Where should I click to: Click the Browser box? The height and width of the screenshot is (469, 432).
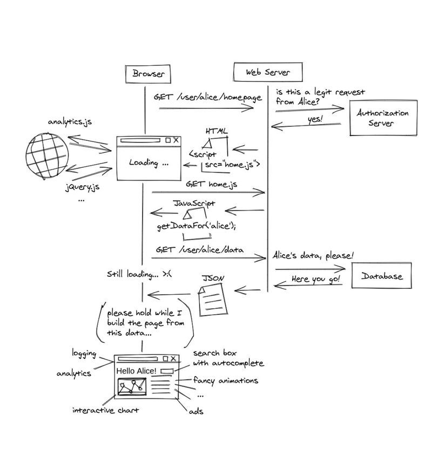[x=147, y=73]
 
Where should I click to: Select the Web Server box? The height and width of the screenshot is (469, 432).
[x=267, y=72]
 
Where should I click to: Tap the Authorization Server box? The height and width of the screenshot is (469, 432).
[x=383, y=118]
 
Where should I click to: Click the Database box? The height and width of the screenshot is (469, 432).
[x=382, y=276]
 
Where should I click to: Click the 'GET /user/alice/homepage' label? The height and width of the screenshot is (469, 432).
[x=207, y=97]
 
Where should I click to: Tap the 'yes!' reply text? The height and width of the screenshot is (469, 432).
[x=314, y=120]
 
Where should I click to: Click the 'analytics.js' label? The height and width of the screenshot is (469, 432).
[x=70, y=121]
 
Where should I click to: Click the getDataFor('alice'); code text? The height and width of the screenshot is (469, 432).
[x=196, y=226]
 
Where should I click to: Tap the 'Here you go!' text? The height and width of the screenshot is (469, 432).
[x=316, y=279]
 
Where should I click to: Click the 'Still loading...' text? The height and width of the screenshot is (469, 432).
[x=139, y=274]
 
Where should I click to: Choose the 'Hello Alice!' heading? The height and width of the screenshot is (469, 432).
[x=137, y=371]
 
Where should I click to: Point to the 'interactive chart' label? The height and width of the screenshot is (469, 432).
[x=106, y=410]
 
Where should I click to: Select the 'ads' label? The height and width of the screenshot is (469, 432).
[x=195, y=411]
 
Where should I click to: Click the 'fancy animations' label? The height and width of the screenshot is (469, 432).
[x=226, y=380]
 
